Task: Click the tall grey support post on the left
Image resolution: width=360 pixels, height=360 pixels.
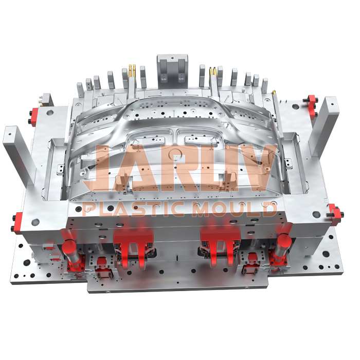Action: click(x=15, y=149)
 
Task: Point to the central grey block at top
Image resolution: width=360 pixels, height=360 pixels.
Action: click(x=171, y=67)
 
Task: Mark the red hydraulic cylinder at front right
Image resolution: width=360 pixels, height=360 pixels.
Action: click(x=282, y=246)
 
